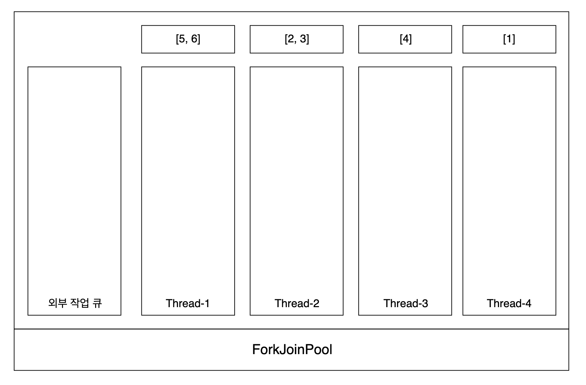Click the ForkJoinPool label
(292, 350)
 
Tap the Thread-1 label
(188, 303)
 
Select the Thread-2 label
(297, 303)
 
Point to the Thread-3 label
(406, 303)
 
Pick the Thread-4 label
(509, 303)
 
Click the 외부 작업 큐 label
(75, 303)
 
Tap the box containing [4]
(405, 39)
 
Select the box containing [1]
(509, 39)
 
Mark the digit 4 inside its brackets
(406, 39)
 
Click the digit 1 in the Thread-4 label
(509, 39)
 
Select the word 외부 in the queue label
(57, 303)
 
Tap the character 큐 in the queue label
(97, 303)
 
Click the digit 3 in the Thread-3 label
(425, 304)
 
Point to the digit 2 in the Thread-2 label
(316, 304)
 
